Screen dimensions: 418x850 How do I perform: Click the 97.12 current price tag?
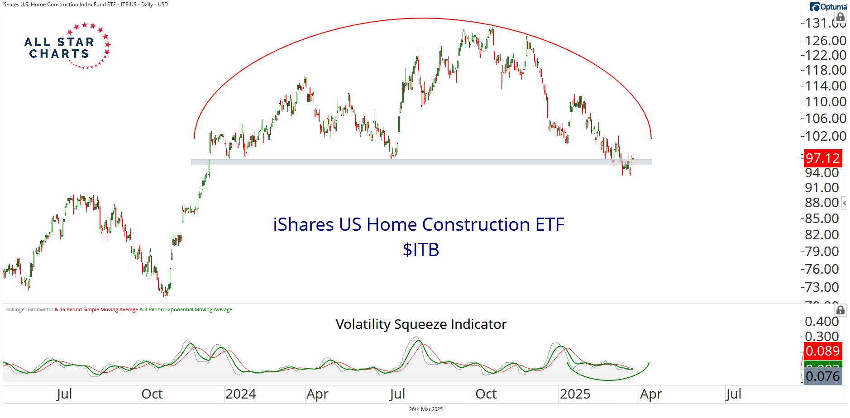(822, 158)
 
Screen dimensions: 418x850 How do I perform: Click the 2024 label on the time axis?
(240, 394)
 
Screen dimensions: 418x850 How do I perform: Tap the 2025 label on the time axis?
(575, 394)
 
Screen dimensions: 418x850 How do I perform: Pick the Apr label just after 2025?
(650, 394)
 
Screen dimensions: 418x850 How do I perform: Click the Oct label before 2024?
(152, 394)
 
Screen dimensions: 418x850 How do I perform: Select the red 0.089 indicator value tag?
(822, 351)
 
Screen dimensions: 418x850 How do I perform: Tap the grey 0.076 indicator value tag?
(822, 376)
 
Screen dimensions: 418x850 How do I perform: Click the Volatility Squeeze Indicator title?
(421, 324)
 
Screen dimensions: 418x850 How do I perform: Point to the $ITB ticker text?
(421, 250)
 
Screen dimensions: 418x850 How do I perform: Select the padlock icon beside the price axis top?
(840, 18)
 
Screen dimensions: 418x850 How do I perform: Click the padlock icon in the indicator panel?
(840, 310)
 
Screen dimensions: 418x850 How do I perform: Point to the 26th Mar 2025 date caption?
(425, 409)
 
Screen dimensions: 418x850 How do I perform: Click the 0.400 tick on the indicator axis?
(821, 322)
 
